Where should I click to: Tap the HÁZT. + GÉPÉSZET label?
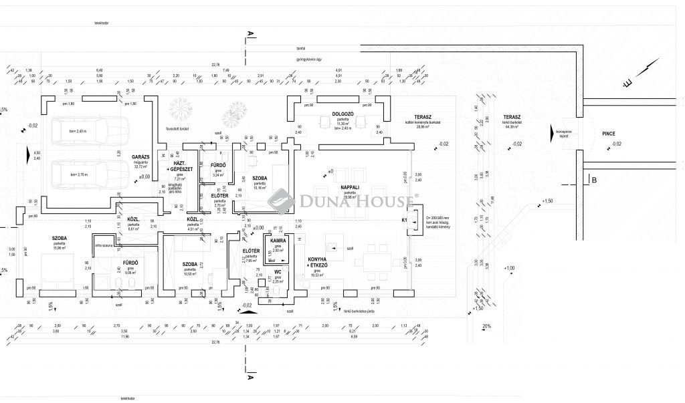point(183,167)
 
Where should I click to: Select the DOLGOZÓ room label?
point(342,114)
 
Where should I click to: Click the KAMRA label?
point(278,239)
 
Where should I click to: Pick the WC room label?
point(277,272)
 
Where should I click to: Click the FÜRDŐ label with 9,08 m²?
point(130,263)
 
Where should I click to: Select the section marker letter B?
point(593,179)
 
